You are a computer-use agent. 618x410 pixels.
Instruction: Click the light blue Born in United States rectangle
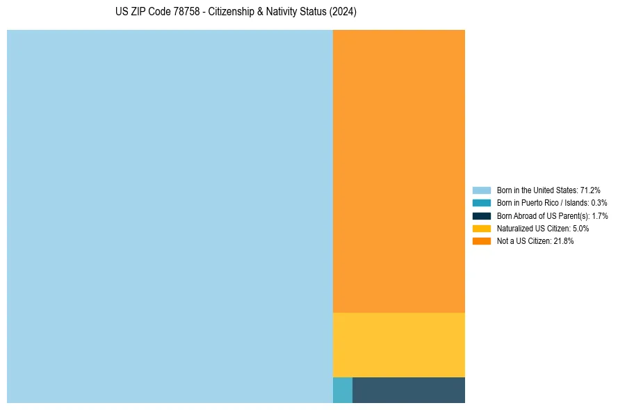[x=170, y=216]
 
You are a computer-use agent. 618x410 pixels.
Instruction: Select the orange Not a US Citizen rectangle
[x=398, y=171]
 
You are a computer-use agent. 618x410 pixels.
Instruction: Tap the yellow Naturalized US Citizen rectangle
[x=398, y=345]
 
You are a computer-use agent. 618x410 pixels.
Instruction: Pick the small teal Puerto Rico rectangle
[x=343, y=390]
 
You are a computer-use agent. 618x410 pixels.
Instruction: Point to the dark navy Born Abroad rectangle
[x=408, y=390]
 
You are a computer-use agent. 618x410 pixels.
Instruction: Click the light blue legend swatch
[x=481, y=190]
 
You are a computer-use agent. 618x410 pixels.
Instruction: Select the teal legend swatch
[x=481, y=203]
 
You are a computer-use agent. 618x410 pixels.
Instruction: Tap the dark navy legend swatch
[x=481, y=215]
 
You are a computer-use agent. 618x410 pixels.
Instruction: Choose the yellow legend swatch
[x=481, y=228]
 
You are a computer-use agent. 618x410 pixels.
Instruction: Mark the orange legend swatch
[x=481, y=241]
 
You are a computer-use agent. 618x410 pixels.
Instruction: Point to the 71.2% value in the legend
[x=590, y=190]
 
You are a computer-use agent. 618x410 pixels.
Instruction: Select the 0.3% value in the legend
[x=599, y=203]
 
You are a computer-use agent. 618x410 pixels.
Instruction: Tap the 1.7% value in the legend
[x=599, y=215]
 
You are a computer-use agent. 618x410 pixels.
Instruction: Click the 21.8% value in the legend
[x=563, y=241]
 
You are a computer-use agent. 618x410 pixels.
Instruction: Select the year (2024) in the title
[x=342, y=13]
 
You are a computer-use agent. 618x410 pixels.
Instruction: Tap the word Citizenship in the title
[x=233, y=13]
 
